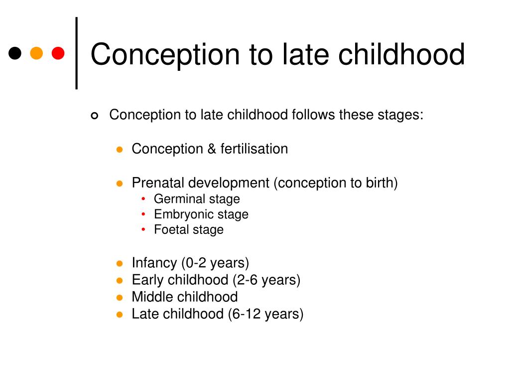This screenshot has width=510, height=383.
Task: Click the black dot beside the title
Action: click(15, 53)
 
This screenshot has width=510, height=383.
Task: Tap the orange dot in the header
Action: click(36, 53)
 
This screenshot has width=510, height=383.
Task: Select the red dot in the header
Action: click(58, 53)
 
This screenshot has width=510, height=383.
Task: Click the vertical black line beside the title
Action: click(76, 53)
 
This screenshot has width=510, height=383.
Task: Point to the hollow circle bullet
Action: click(94, 116)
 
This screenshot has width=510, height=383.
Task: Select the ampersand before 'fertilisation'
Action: click(212, 149)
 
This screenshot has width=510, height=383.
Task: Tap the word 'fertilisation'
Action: click(254, 149)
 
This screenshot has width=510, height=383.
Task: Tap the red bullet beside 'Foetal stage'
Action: click(143, 229)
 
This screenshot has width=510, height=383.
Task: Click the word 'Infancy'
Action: click(154, 263)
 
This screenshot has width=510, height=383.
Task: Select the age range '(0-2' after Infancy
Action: click(194, 263)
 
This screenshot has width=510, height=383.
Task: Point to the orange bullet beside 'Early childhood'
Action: click(120, 280)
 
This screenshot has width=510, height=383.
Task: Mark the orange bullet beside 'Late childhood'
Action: click(120, 315)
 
